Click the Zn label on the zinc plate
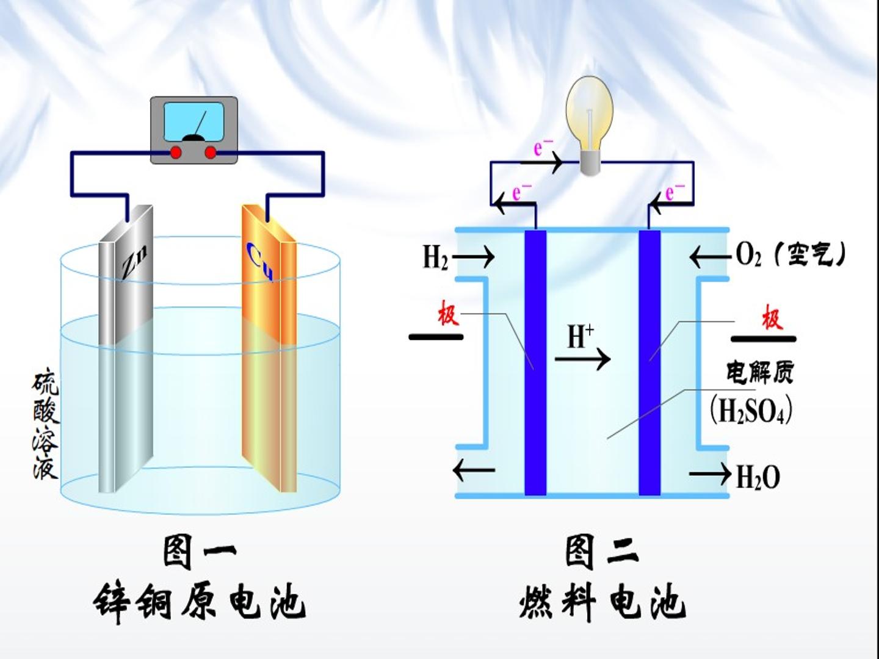coord(134,262)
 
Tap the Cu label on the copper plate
coord(260,262)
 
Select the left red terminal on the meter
coord(175,153)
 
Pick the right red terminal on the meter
coord(210,153)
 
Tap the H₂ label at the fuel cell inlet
coord(435,257)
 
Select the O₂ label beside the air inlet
coord(748,254)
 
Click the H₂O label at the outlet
coord(758,477)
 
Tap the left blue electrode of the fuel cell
coord(535,363)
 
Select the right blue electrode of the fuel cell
coord(649,363)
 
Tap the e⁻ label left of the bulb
coord(543,148)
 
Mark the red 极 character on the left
coord(447,316)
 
